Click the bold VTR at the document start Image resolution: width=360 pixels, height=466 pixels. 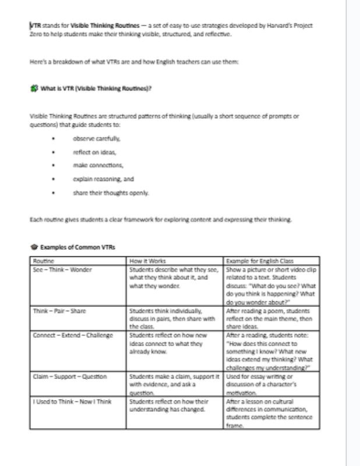[x=36, y=26]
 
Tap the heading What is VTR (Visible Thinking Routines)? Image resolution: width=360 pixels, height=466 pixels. [x=96, y=89]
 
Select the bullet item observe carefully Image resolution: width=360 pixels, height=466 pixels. [x=96, y=139]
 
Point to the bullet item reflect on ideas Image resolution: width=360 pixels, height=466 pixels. [x=94, y=152]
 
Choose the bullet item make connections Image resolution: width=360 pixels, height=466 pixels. [x=98, y=165]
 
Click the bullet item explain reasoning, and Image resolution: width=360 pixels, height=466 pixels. [x=103, y=179]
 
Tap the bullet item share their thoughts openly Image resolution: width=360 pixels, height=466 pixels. [x=111, y=192]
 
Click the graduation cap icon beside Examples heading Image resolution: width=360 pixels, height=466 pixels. [x=34, y=247]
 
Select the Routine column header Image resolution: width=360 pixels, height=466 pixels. [x=44, y=261]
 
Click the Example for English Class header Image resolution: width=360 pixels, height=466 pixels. [x=260, y=261]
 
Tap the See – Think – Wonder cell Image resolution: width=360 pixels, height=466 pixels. [x=62, y=270]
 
